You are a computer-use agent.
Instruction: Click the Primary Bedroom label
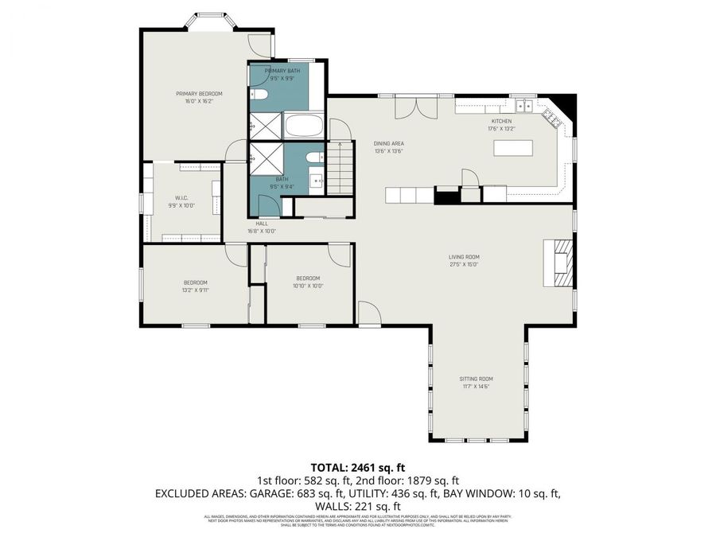[199, 94]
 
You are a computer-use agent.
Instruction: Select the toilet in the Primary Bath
[259, 95]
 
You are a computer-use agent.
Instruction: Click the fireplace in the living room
[562, 262]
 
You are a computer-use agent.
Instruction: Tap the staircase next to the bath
[340, 167]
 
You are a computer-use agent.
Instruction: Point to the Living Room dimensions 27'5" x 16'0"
[464, 264]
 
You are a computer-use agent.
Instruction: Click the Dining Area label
[389, 143]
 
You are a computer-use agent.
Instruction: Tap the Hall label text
[262, 224]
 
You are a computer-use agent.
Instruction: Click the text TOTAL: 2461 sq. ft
[357, 467]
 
